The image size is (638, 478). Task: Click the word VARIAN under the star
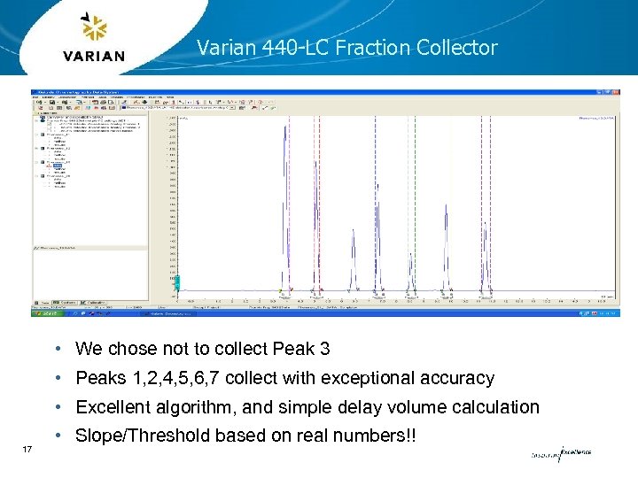(94, 56)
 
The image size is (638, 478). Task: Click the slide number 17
(27, 451)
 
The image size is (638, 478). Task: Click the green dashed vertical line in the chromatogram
(413, 204)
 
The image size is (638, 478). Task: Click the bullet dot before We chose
(57, 349)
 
